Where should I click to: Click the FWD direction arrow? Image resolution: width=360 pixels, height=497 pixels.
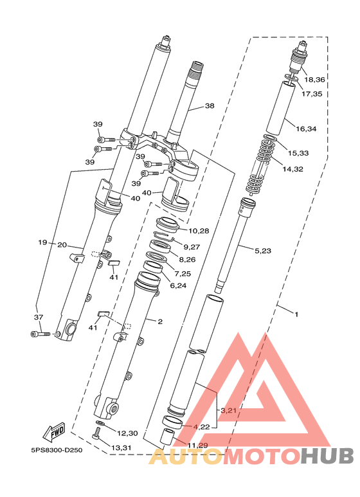pos(54,432)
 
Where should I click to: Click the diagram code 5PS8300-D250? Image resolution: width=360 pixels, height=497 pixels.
pos(57,450)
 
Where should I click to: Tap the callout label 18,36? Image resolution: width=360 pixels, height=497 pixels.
pos(315,80)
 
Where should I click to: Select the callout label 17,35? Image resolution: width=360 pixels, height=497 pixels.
pos(312,94)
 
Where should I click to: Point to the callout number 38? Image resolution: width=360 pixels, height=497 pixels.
pos(210,106)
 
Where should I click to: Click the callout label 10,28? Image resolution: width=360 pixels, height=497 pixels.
pos(199,231)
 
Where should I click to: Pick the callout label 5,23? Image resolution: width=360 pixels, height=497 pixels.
pos(263,251)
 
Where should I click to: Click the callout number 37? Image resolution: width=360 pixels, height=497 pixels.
pos(39,317)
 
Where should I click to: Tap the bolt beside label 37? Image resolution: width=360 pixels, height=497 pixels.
pos(40,334)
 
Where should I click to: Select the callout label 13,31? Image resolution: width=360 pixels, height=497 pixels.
pos(121,448)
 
